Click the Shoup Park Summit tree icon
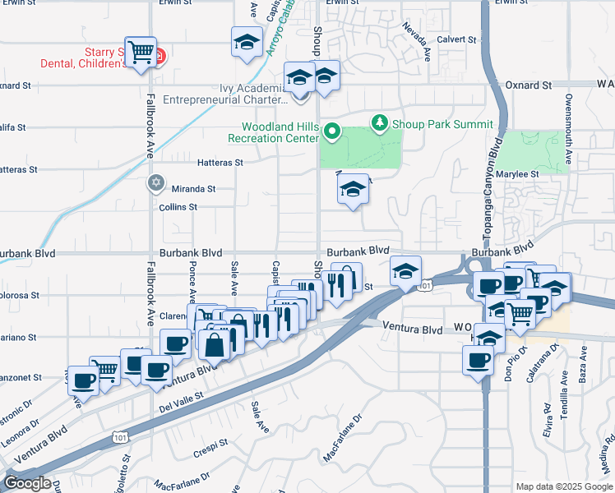[x=379, y=124]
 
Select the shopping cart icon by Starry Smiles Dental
[x=141, y=53]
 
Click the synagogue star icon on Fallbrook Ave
[x=156, y=183]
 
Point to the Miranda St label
[x=194, y=188]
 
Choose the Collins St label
[x=178, y=207]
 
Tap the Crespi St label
[x=211, y=444]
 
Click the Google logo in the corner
[x=28, y=483]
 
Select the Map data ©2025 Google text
[x=564, y=486]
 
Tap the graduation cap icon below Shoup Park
[x=353, y=191]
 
